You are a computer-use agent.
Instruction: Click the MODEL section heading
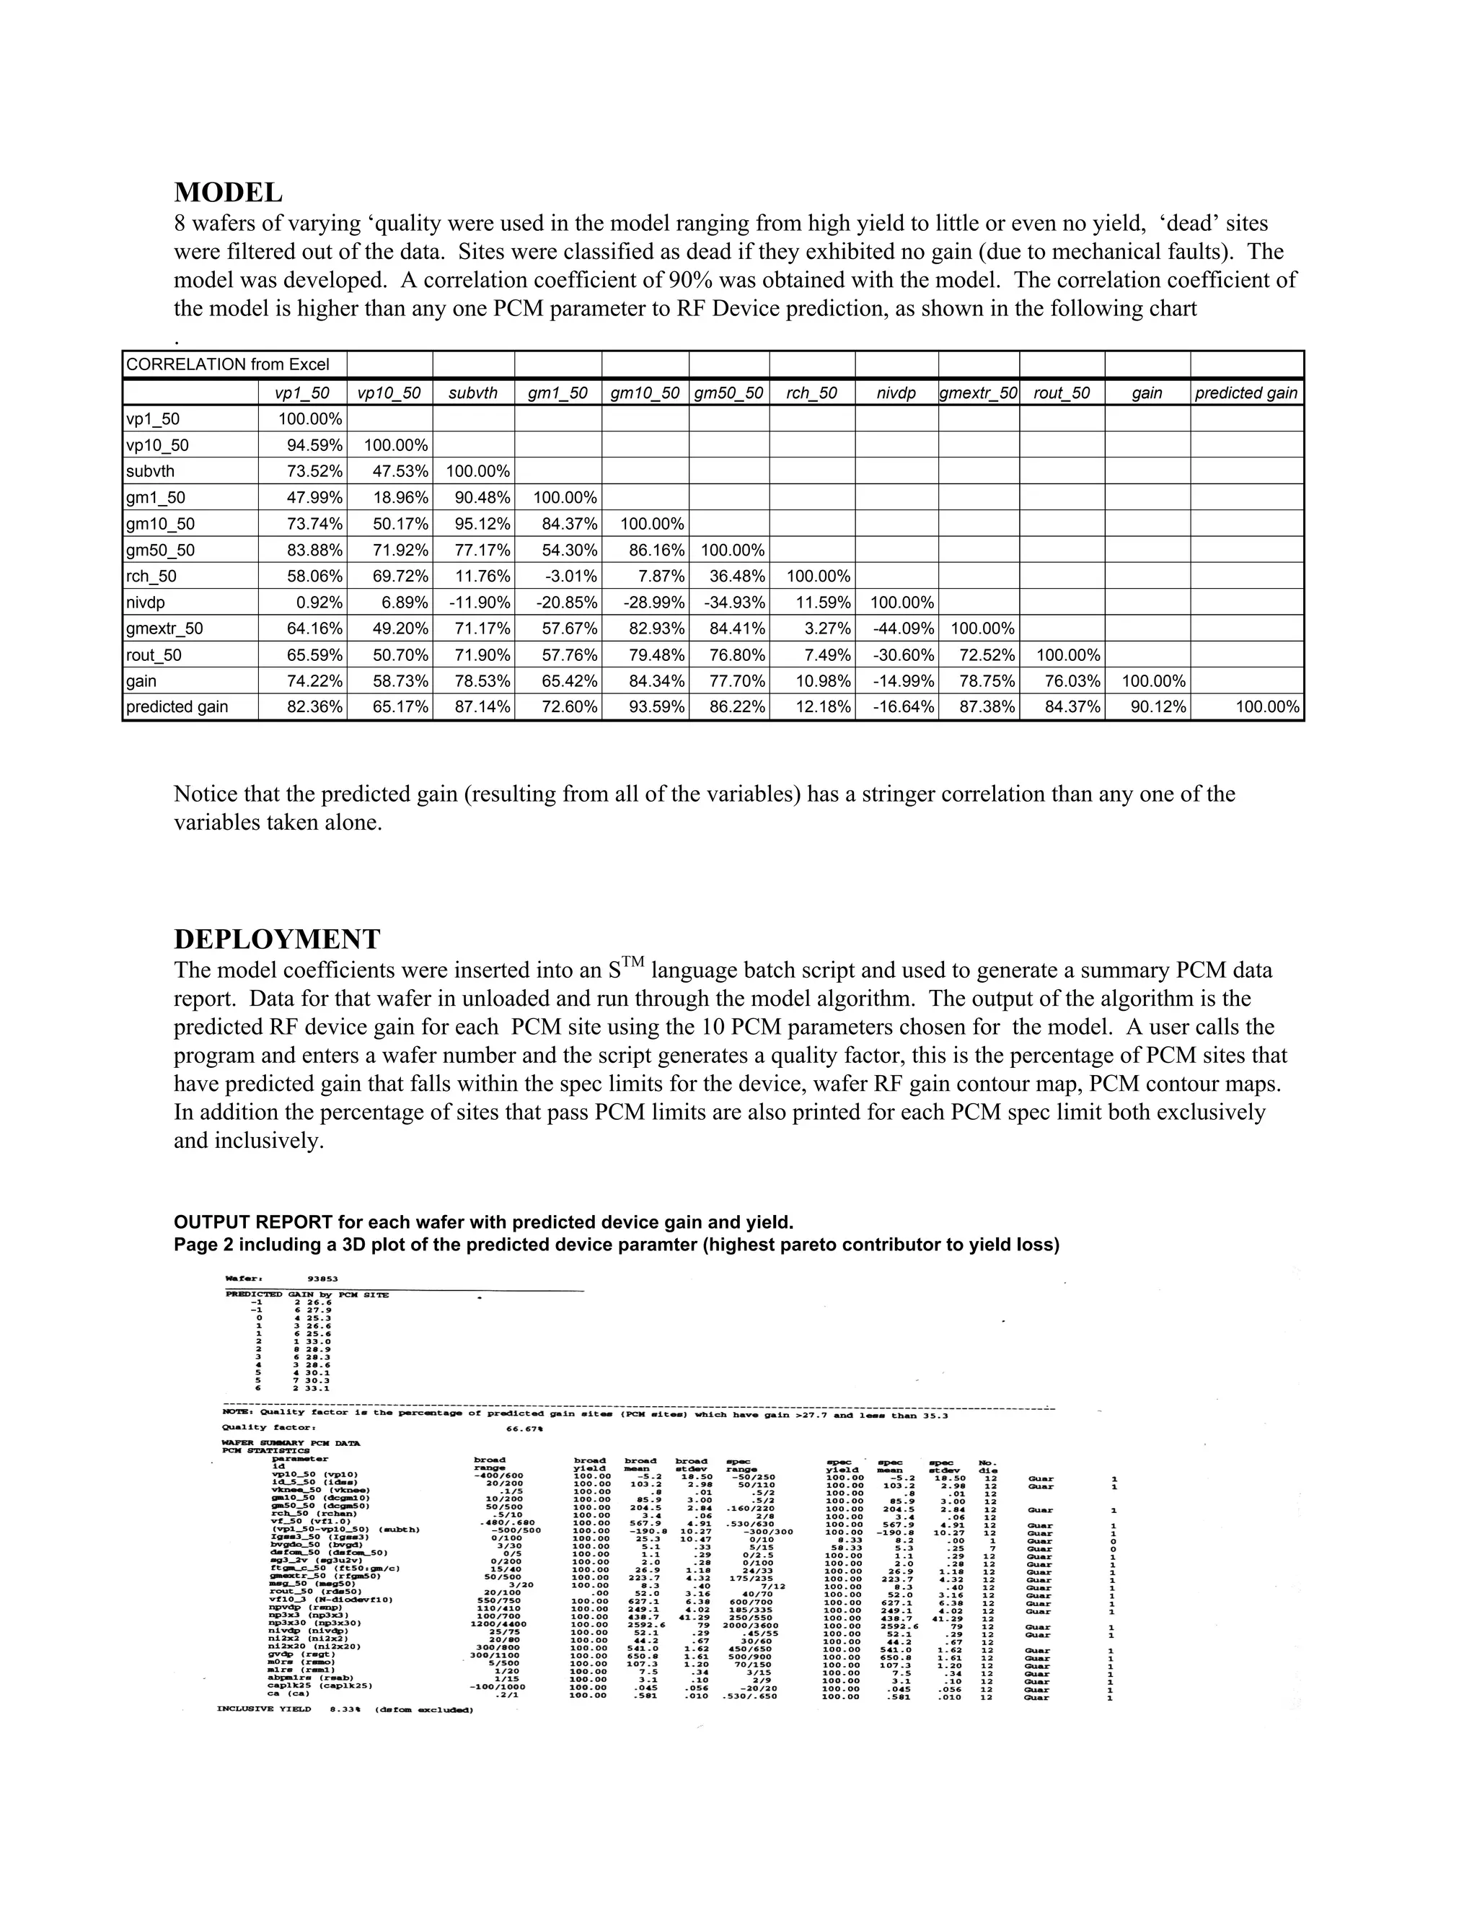pyautogui.click(x=227, y=193)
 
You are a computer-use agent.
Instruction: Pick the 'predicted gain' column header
pyautogui.click(x=1246, y=393)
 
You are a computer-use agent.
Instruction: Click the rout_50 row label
pyautogui.click(x=154, y=655)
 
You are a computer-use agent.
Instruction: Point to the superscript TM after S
pyautogui.click(x=635, y=962)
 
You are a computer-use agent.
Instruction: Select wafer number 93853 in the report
pyautogui.click(x=324, y=1279)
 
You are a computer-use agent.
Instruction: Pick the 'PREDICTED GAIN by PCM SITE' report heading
pyautogui.click(x=307, y=1295)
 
